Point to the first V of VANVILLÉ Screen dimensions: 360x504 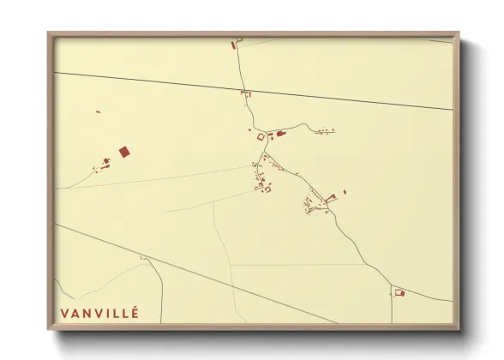pyautogui.click(x=64, y=314)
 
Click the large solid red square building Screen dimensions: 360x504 pyautogui.click(x=123, y=152)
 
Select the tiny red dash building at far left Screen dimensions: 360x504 pyautogui.click(x=98, y=111)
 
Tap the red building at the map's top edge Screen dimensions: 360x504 pyautogui.click(x=232, y=44)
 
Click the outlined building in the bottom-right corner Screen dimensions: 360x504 pyautogui.click(x=399, y=293)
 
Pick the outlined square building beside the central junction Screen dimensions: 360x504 pyautogui.click(x=261, y=136)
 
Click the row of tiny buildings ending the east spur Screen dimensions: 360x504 pyautogui.click(x=326, y=131)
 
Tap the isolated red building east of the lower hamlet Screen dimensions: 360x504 pyautogui.click(x=345, y=192)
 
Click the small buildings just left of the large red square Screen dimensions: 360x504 pyautogui.click(x=105, y=161)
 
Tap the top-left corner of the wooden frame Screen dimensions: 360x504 pyautogui.click(x=49, y=33)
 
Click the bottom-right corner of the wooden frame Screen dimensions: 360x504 pyautogui.click(x=459, y=329)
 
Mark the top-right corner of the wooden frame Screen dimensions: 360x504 pyautogui.click(x=459, y=33)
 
